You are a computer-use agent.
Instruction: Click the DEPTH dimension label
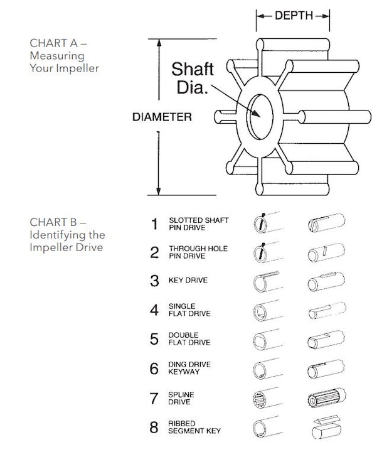click(294, 15)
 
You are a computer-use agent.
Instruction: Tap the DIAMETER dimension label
click(162, 117)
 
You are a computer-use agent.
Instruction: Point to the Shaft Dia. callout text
click(193, 78)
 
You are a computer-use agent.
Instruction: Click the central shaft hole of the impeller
click(260, 117)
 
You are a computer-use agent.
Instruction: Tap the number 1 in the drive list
click(155, 224)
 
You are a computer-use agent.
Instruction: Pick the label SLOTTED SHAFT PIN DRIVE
click(198, 224)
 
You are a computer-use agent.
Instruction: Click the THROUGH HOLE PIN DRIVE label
click(198, 252)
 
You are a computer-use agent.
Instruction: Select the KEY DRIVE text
click(188, 280)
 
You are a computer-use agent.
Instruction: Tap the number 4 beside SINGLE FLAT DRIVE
click(154, 309)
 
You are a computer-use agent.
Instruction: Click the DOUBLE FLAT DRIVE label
click(189, 339)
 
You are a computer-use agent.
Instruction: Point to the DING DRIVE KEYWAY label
click(189, 368)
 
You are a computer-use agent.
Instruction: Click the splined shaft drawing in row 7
click(327, 398)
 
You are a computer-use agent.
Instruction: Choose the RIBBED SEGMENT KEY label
click(194, 428)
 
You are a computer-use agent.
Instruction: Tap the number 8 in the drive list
click(154, 428)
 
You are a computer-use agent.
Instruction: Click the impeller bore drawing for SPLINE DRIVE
click(267, 398)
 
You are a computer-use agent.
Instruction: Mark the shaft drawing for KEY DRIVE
click(326, 282)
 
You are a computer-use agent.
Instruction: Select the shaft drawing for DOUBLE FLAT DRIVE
click(326, 340)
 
